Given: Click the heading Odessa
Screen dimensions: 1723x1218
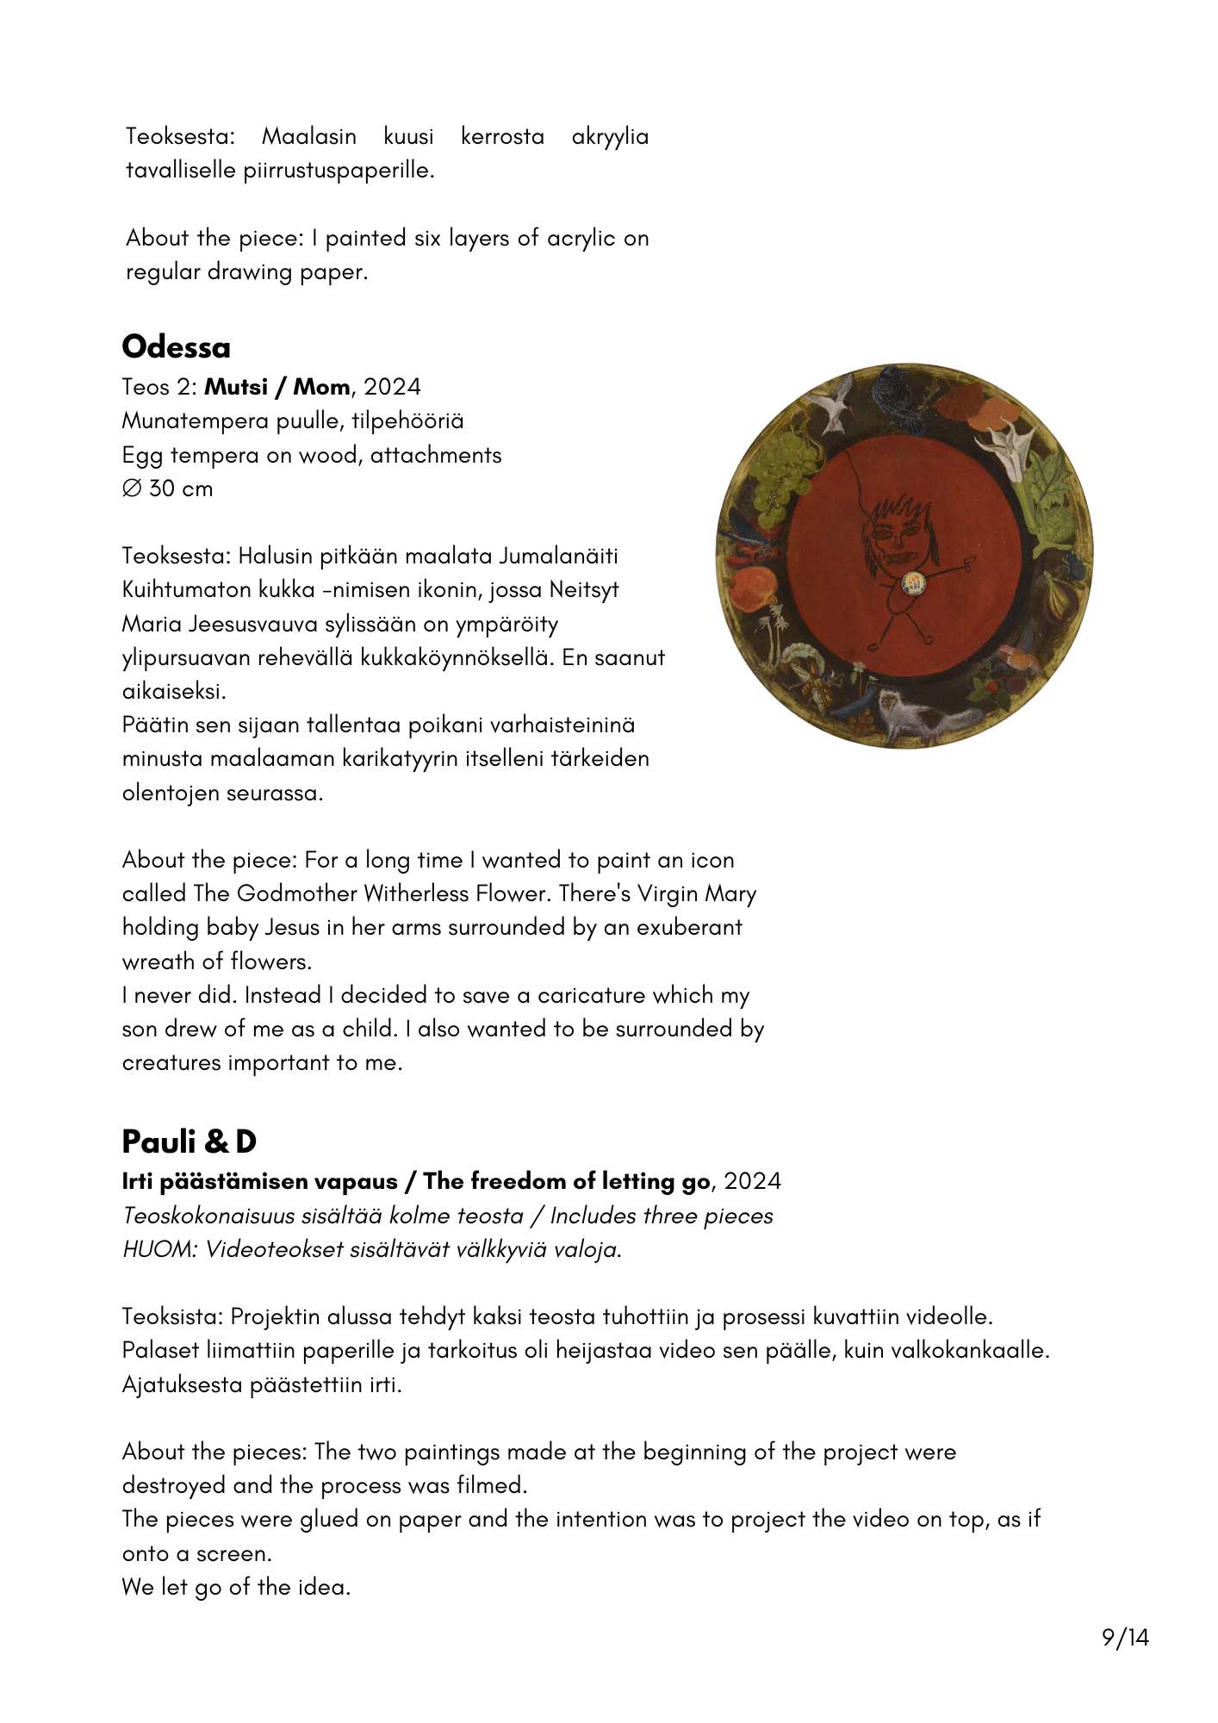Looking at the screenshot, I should (177, 347).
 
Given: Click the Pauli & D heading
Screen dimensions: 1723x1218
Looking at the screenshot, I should (190, 1141).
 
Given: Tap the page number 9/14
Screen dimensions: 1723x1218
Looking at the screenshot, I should (1125, 1637).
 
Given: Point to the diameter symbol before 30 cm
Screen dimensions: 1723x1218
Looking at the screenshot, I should (132, 488).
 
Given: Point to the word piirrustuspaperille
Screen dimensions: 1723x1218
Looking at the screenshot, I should (339, 170).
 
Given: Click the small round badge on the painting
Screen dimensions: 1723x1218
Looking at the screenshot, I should (912, 584).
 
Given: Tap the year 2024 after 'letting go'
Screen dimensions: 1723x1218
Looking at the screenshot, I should (752, 1181).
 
